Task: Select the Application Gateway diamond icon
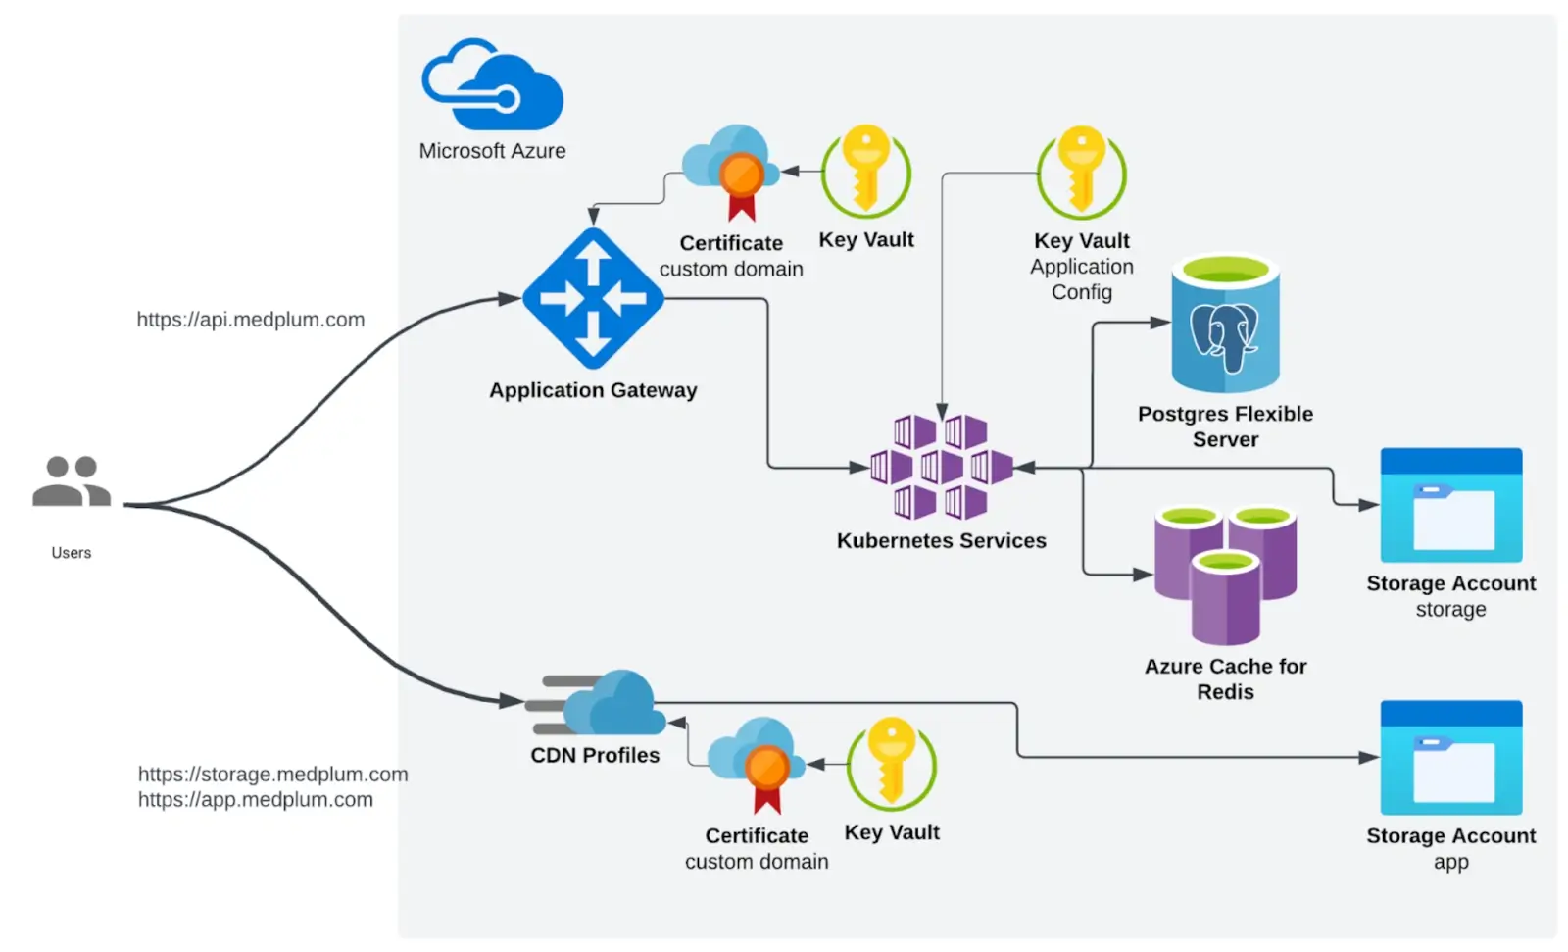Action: tap(593, 298)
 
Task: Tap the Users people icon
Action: tap(72, 480)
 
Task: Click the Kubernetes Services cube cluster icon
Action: tap(941, 467)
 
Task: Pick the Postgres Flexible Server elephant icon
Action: tap(1225, 324)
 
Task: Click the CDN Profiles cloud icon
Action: tap(598, 703)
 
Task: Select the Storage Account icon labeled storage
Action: tap(1450, 505)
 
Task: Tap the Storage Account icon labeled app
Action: tap(1450, 757)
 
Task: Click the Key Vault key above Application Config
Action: tap(1082, 172)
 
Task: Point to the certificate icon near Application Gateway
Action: tap(735, 172)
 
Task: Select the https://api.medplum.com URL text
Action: tap(250, 320)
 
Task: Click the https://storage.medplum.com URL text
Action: tap(272, 775)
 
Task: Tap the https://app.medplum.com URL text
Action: tap(255, 800)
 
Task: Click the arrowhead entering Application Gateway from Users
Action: tap(510, 298)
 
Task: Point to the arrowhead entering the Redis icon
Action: tap(1143, 574)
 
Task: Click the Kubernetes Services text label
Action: tap(941, 541)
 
